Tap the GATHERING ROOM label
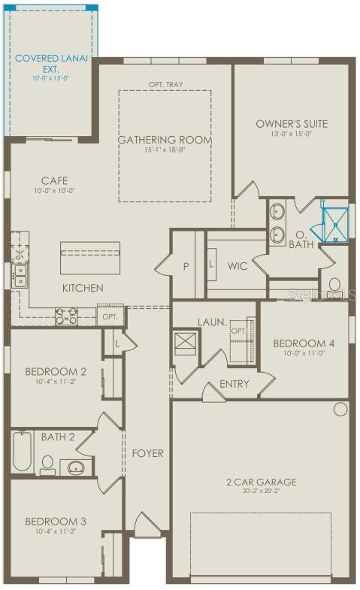(x=165, y=140)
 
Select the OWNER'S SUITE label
(x=292, y=124)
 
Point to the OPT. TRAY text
(x=165, y=85)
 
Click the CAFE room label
(x=54, y=180)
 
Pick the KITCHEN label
(x=83, y=288)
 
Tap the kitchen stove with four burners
(x=65, y=316)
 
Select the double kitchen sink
(x=19, y=275)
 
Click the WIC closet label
(x=237, y=265)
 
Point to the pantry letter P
(x=184, y=266)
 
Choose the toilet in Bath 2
(x=47, y=464)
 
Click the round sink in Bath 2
(x=76, y=467)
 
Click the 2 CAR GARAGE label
(x=262, y=482)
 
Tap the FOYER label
(x=148, y=453)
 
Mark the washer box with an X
(x=185, y=343)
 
